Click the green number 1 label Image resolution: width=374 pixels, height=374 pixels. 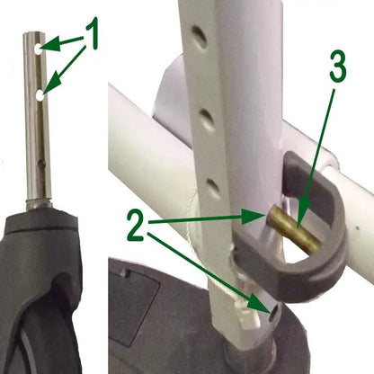92,33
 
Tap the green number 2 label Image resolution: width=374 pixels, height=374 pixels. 137,225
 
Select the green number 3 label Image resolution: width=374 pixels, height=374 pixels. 338,67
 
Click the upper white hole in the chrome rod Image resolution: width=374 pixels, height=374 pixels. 39,49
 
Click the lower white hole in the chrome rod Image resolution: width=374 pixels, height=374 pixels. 40,96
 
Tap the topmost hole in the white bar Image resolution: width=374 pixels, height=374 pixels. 200,37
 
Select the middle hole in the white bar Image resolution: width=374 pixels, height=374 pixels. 207,118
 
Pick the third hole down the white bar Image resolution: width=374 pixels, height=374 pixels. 214,188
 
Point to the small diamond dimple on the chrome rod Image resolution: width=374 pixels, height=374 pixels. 41,163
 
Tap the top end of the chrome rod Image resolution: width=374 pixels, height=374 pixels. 34,34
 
